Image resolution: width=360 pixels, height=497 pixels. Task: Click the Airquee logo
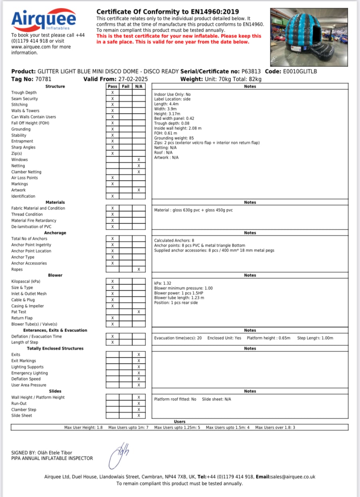click(43, 20)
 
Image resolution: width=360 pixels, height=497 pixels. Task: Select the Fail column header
click(126, 86)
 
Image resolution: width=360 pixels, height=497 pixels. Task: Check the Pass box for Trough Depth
click(112, 93)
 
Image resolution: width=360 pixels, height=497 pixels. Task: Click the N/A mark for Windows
click(139, 160)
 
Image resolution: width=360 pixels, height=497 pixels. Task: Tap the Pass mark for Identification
click(112, 196)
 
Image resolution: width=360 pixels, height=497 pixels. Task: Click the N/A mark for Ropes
click(139, 269)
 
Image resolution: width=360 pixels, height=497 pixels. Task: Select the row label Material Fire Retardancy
click(34, 220)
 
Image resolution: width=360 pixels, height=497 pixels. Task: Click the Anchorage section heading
click(56, 233)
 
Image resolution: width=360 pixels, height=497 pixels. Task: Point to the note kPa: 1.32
click(163, 283)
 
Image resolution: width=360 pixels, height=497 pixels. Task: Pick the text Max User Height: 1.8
click(84, 427)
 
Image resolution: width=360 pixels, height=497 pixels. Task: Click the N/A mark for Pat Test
click(139, 312)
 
